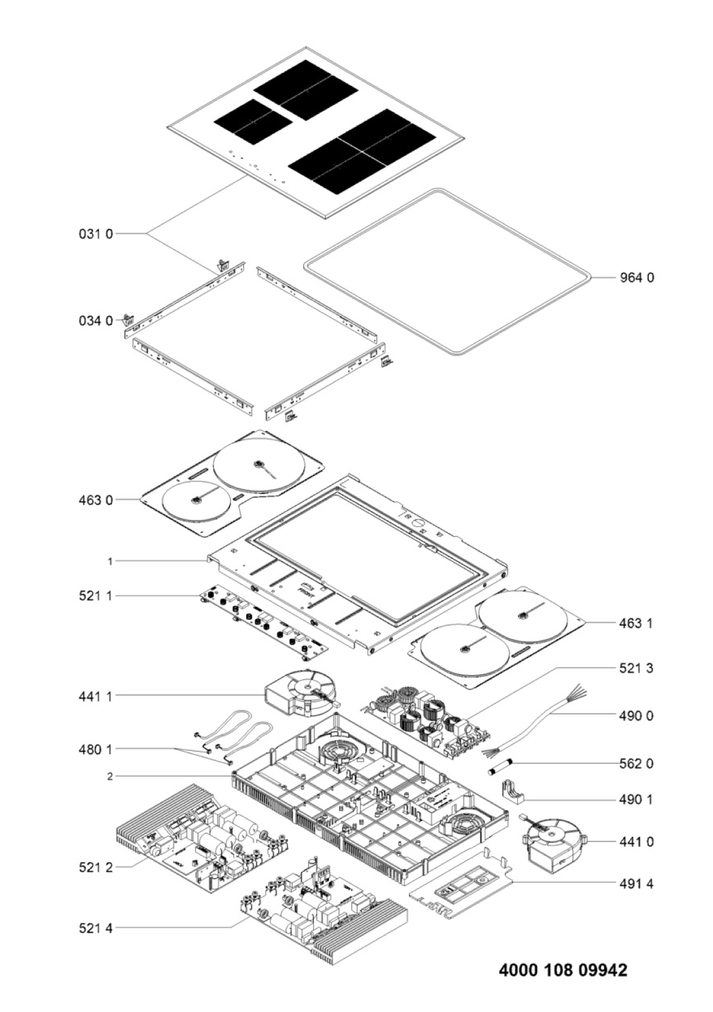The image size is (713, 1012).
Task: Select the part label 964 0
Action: tap(637, 277)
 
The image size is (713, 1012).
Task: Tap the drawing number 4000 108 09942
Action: tap(563, 971)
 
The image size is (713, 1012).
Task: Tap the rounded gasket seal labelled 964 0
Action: tap(447, 272)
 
